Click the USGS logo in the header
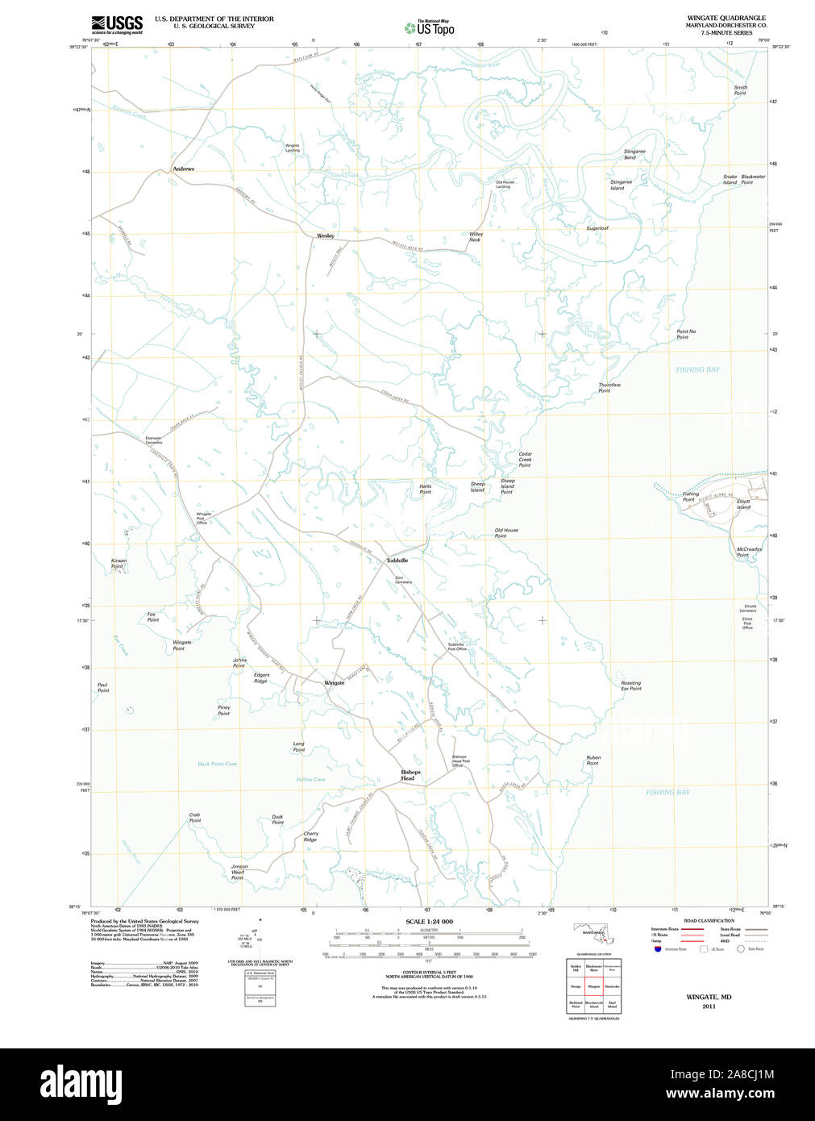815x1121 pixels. pos(117,24)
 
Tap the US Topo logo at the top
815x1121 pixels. pos(430,28)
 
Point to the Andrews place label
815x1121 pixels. pos(183,169)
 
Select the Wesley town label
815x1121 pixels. pos(325,236)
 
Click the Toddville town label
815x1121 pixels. pos(397,560)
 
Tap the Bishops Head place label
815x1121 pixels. pos(410,775)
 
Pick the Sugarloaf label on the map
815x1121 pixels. pos(597,229)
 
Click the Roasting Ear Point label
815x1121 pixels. pos(631,686)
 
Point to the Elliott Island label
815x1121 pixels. pos(743,504)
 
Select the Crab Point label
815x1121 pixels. pos(195,818)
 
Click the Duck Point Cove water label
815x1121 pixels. pos(218,764)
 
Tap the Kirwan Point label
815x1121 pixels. pos(119,564)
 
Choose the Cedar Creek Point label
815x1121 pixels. pos(525,460)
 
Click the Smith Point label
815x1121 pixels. pos(740,90)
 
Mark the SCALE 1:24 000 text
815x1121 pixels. pos(429,922)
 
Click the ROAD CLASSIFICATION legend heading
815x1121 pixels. pos(709,921)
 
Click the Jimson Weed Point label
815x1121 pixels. pos(239,872)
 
